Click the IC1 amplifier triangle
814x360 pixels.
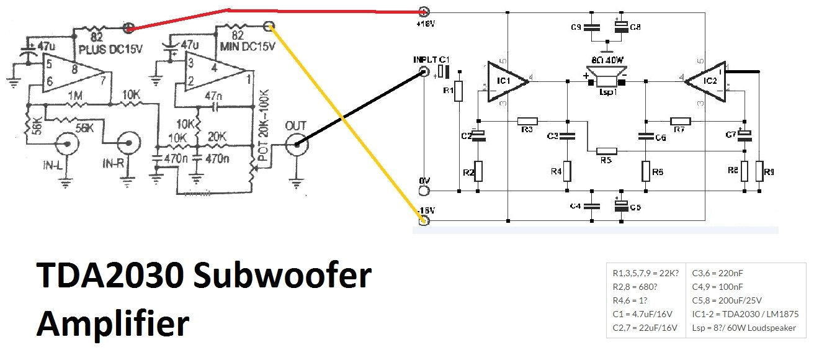(x=504, y=81)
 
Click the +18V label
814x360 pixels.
(x=424, y=24)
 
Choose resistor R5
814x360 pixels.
(x=607, y=151)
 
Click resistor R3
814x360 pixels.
(x=527, y=121)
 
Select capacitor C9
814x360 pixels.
(x=593, y=27)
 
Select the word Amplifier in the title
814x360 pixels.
(x=112, y=323)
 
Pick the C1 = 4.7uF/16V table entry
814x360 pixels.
(x=644, y=314)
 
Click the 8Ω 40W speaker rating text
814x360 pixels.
(x=609, y=60)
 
